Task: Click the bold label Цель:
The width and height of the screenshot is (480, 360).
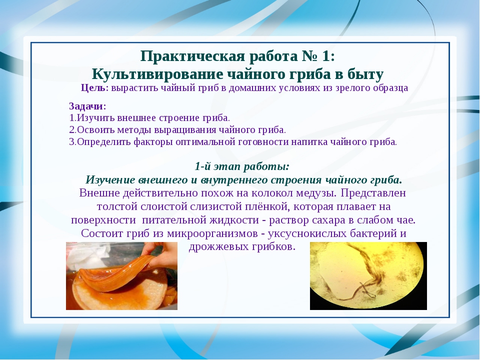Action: point(94,88)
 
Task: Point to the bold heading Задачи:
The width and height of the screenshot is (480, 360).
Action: point(87,106)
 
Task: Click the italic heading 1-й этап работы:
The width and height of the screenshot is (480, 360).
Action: point(242,167)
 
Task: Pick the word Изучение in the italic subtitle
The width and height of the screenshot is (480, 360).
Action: point(110,180)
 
